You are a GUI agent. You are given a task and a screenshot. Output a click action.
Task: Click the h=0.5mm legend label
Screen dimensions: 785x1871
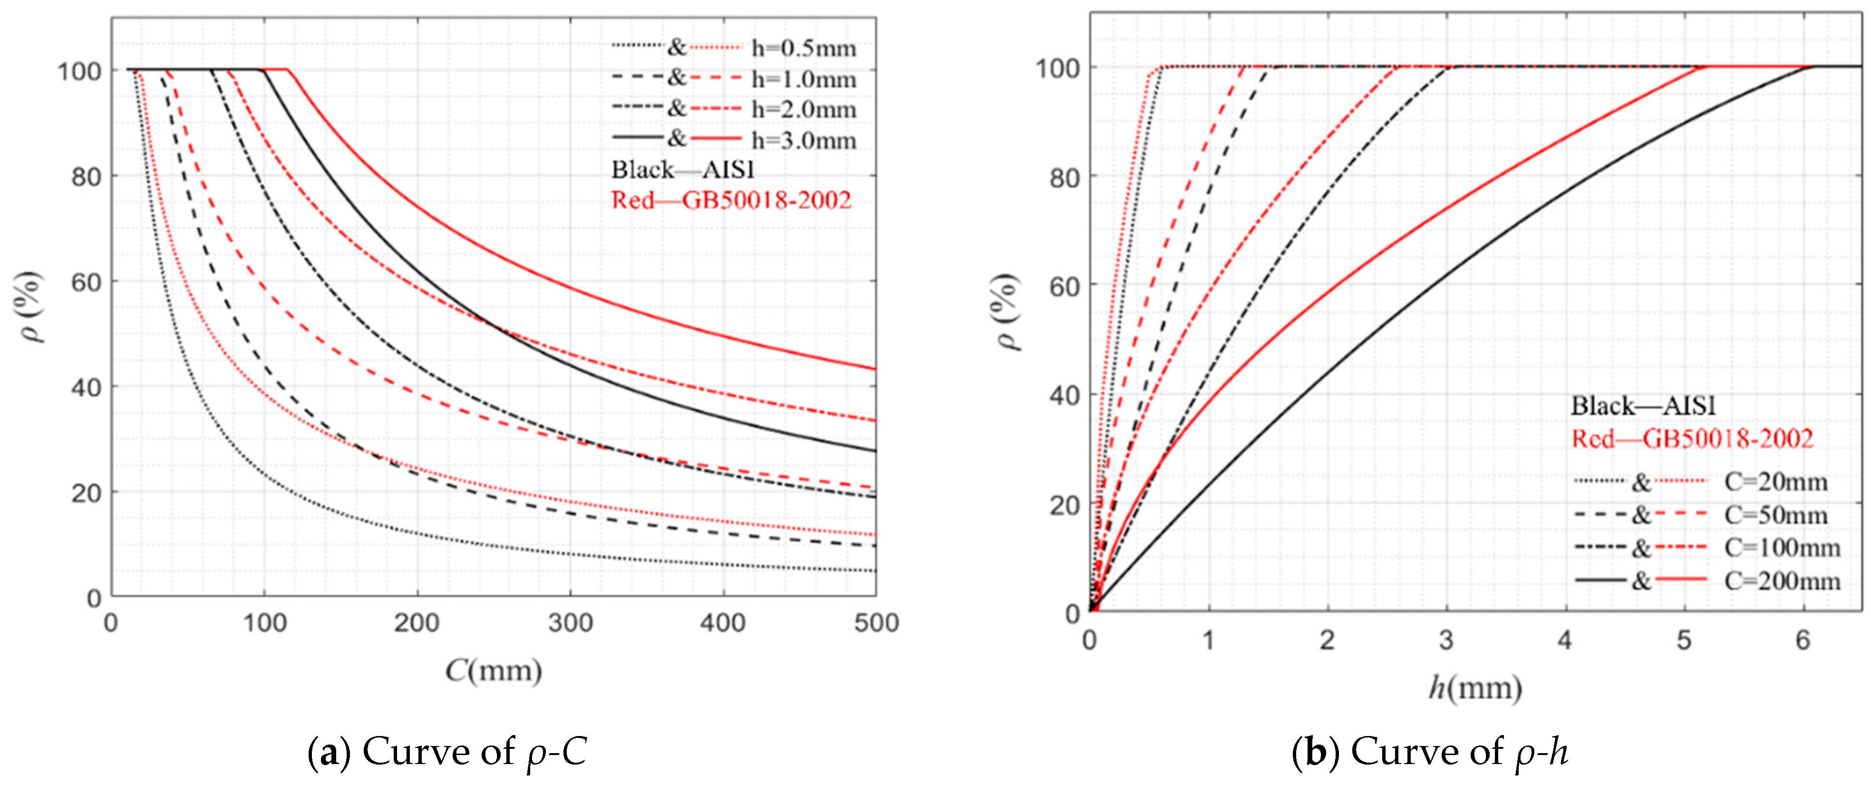[803, 48]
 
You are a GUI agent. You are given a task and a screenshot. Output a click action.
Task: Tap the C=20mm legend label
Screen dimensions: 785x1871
[1775, 482]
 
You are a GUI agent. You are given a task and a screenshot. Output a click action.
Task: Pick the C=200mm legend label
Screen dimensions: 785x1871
[1782, 581]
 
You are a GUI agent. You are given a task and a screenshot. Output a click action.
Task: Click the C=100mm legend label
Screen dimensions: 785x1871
[1782, 548]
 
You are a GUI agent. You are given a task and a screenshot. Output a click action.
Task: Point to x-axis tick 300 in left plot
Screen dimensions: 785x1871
[570, 623]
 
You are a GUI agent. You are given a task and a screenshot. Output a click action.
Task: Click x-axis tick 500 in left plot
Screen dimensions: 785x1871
[876, 623]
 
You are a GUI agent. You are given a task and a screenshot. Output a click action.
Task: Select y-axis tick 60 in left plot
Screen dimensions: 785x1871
[86, 282]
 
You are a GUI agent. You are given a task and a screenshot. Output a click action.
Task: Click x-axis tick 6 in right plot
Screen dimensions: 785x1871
[1802, 640]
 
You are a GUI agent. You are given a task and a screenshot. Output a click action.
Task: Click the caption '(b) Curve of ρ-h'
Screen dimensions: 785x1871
[1429, 752]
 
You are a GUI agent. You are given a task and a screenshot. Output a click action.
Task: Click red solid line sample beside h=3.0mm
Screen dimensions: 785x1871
[716, 138]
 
